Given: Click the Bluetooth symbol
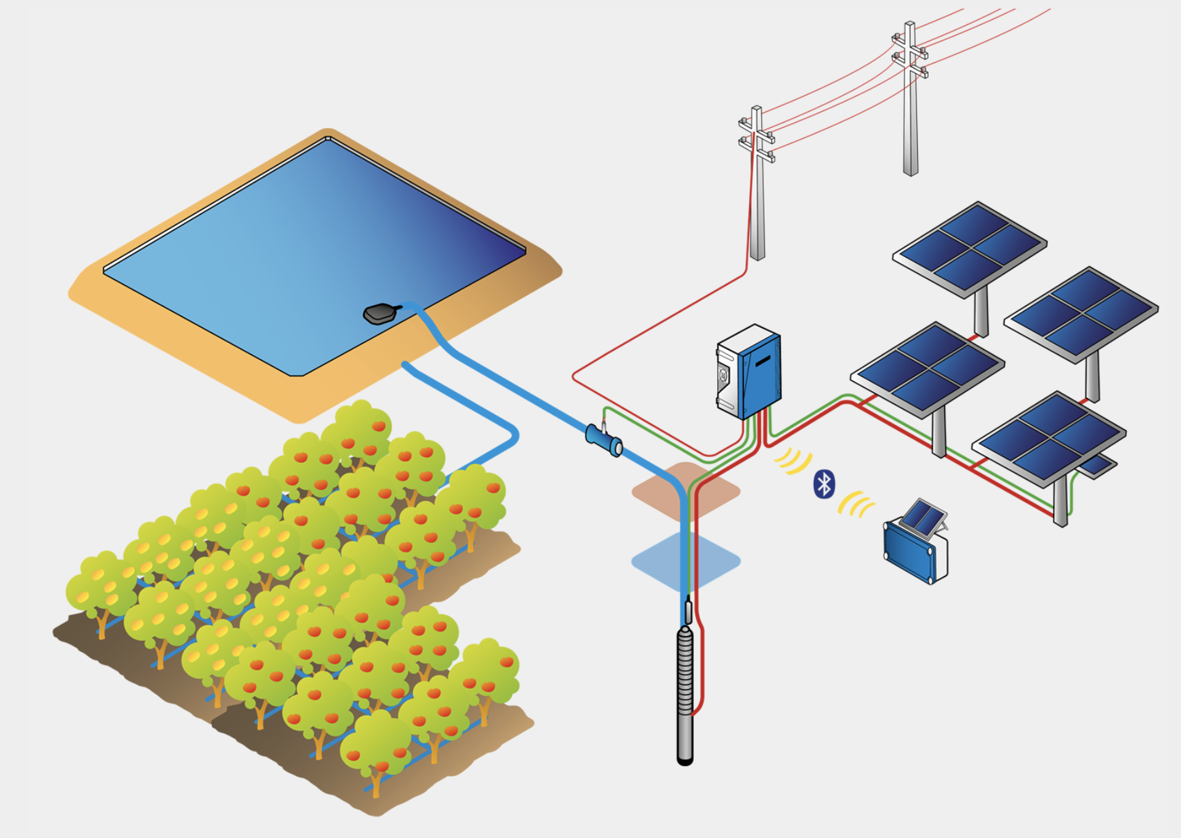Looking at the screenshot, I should pos(824,484).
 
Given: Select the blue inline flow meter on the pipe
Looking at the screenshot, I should pos(604,440).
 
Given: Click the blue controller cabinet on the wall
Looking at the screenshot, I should pos(749,371).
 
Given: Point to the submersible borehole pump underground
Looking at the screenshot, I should pos(684,693).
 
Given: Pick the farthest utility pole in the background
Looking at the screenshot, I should pos(910,100).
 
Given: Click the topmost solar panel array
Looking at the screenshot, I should pos(970,248).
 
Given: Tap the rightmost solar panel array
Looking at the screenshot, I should pos(1081,313).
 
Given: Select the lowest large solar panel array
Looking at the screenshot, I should pos(1049,437).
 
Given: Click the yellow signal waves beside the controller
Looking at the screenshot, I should pos(794,460).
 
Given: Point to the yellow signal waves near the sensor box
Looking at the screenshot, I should pos(856,504).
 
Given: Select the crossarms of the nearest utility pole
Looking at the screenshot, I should pos(756,140).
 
